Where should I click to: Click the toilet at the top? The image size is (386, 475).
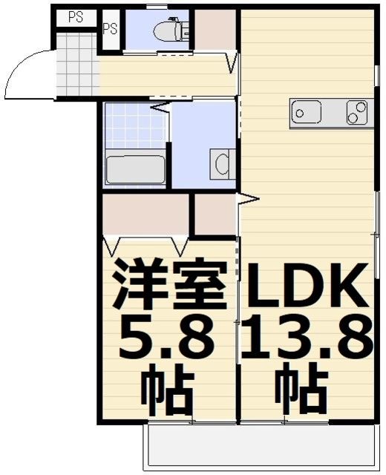tap(169, 30)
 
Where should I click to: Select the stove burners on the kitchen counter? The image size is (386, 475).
tap(358, 113)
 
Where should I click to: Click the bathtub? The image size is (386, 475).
tap(135, 169)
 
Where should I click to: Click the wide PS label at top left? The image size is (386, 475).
tap(75, 17)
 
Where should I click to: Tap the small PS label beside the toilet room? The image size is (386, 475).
tap(110, 30)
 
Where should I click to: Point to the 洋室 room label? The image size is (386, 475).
tap(169, 286)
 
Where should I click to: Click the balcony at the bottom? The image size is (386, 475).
tap(260, 448)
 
